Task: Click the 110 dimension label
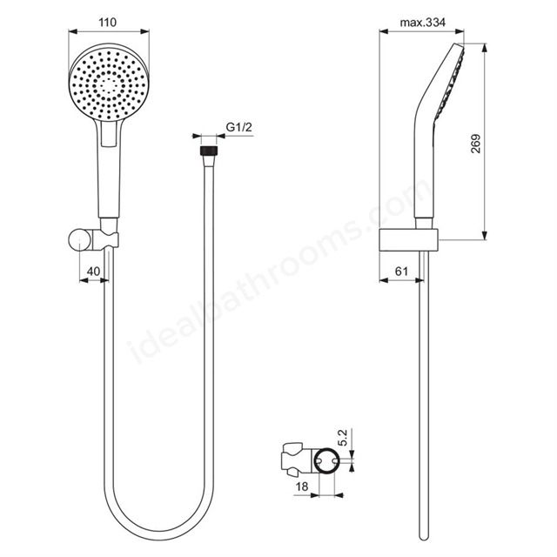tap(107, 23)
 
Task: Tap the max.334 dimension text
tap(422, 23)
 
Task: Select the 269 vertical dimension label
tap(475, 144)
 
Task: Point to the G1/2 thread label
tap(239, 127)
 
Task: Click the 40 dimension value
tap(93, 271)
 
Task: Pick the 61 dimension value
tap(401, 271)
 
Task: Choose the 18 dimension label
tap(302, 487)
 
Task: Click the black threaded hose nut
tap(209, 150)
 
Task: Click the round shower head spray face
tap(109, 83)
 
